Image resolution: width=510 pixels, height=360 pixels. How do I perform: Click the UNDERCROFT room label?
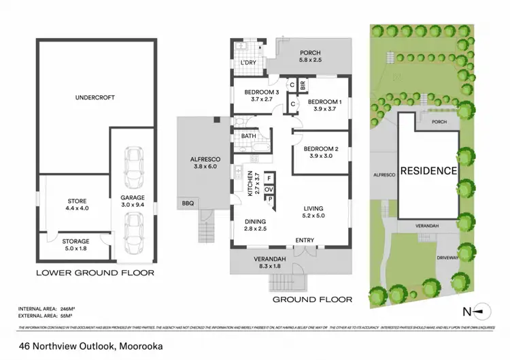tap(95, 98)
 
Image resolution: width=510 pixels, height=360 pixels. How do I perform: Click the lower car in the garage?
tap(135, 231)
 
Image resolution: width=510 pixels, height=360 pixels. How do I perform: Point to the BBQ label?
tap(187, 203)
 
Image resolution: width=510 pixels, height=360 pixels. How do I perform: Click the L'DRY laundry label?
tap(248, 63)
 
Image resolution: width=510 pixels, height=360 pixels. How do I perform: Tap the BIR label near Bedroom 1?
tap(303, 86)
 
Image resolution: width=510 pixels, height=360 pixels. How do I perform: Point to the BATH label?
tap(248, 136)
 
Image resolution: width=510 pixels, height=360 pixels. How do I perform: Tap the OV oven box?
tap(269, 189)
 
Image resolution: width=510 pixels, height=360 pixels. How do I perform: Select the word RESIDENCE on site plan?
tap(428, 171)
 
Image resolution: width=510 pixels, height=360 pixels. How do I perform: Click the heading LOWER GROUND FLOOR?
tap(95, 273)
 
